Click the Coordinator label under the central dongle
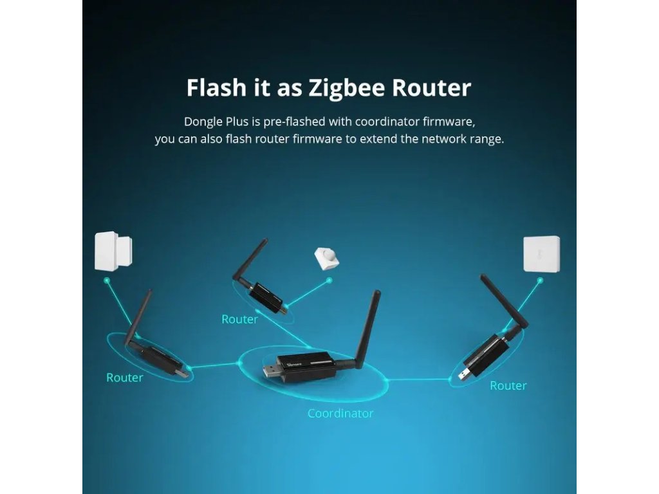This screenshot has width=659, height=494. pos(340,414)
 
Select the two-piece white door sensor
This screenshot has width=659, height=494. pos(113,251)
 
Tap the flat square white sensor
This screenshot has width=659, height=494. pos(541,254)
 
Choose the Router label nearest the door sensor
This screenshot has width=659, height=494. pos(124,378)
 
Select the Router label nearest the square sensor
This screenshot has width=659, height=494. pos(508,386)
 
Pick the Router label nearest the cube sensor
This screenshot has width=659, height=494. pos(239,319)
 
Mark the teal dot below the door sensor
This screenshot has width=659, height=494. pos(107,280)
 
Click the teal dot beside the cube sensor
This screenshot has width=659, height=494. pos(329,280)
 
